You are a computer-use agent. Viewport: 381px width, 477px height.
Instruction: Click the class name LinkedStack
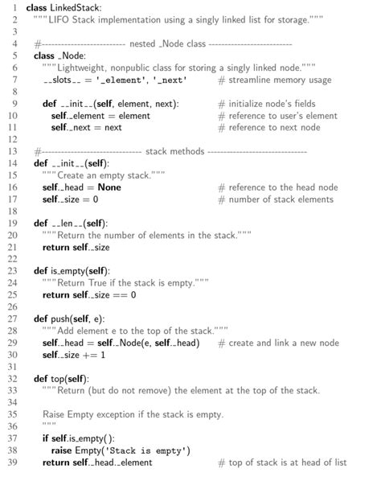[74, 6]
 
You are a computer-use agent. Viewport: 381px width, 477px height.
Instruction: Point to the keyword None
[109, 187]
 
